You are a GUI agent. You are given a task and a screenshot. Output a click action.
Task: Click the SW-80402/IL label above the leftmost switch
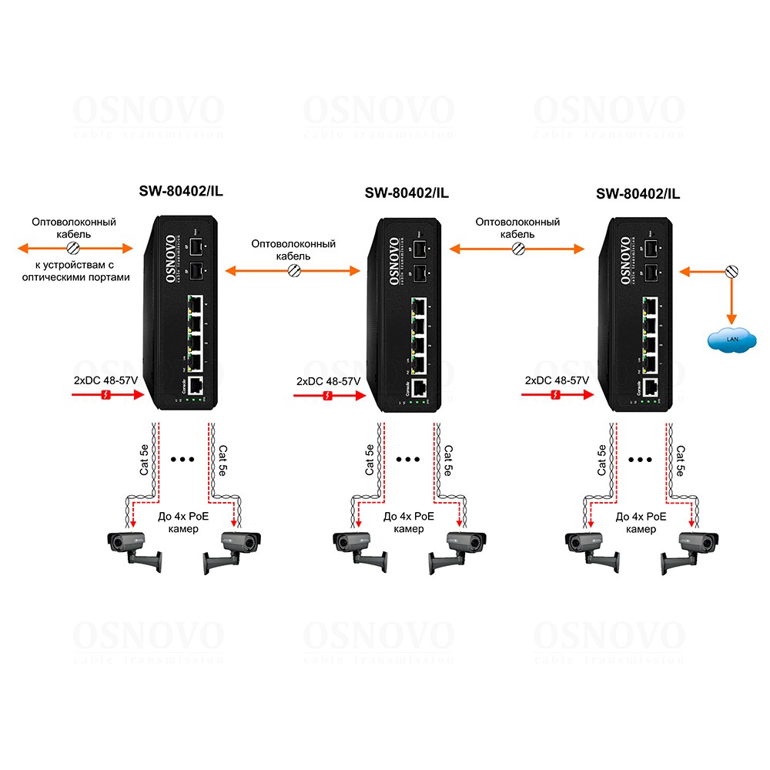click(x=181, y=192)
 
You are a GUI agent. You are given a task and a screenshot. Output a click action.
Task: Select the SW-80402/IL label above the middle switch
click(x=407, y=192)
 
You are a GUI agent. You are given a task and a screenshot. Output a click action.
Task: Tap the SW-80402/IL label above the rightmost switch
click(x=638, y=193)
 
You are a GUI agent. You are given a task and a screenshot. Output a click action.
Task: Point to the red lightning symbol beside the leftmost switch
click(x=109, y=396)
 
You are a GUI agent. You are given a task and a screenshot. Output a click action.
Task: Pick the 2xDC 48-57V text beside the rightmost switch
click(x=557, y=380)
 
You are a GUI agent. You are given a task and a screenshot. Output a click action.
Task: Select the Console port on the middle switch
click(x=420, y=388)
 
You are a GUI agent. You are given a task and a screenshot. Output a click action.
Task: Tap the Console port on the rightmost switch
click(x=651, y=387)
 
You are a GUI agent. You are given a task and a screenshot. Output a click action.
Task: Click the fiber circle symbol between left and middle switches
click(x=293, y=270)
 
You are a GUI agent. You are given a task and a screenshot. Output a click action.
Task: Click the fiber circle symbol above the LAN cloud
click(x=731, y=271)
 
